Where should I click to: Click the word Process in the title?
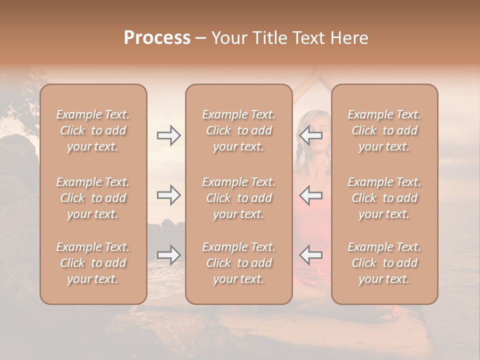coord(157,38)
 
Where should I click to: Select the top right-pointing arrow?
coord(169,135)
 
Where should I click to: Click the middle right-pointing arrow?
coord(169,195)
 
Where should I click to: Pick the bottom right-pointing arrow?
coord(169,255)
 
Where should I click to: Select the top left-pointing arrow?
coord(310,135)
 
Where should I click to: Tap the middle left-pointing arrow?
coord(310,195)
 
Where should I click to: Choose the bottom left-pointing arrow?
coord(310,255)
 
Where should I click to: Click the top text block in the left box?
coord(93,130)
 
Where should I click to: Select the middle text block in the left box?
coord(93,198)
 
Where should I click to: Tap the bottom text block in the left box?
coord(93,263)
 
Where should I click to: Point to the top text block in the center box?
coord(238,130)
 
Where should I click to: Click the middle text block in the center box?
coord(238,198)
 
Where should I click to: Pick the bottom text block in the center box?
coord(238,263)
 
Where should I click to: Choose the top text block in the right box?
coord(384,130)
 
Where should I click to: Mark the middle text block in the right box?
coord(384,198)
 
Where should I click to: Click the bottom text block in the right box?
coord(384,263)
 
